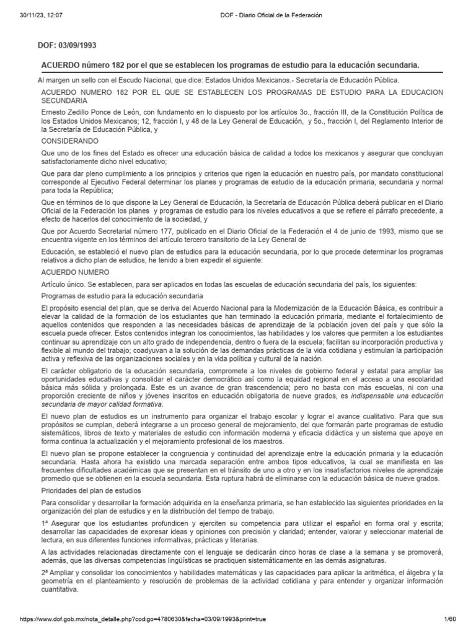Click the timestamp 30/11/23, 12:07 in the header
click(x=38, y=15)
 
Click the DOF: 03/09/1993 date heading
click(x=68, y=46)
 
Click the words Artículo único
click(x=63, y=284)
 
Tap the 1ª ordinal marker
click(x=45, y=524)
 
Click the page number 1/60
click(x=450, y=619)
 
